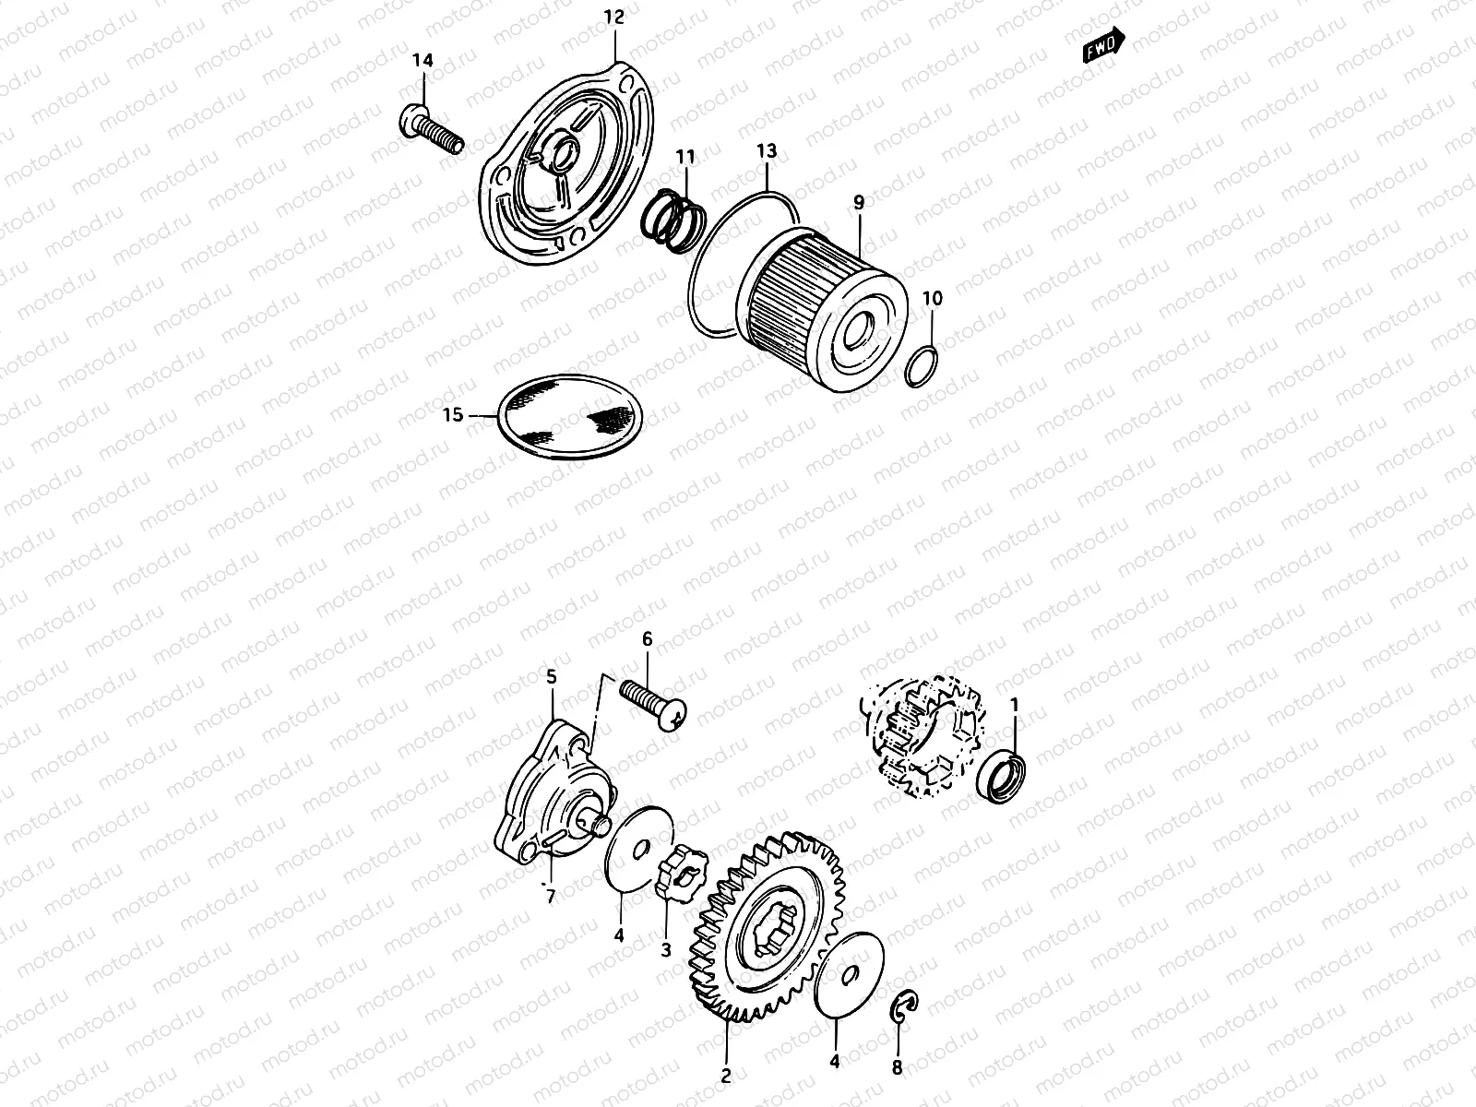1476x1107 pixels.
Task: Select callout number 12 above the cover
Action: click(614, 17)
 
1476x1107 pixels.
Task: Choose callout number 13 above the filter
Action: click(767, 150)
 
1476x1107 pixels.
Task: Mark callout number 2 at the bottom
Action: click(725, 1076)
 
